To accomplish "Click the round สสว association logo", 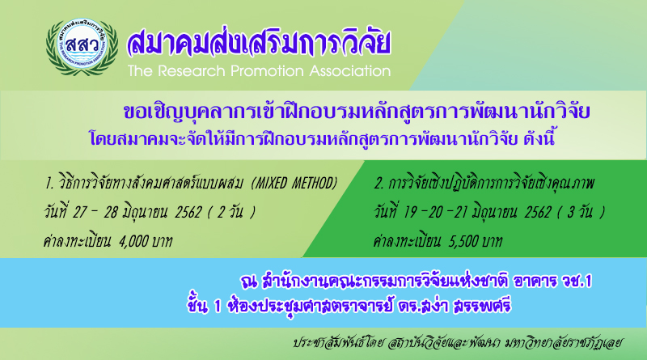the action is click(82, 46).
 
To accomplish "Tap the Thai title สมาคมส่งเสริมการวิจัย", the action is click(259, 42).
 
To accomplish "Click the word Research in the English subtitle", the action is click(192, 71).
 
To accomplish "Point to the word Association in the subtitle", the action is click(350, 71).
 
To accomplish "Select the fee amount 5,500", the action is click(463, 241).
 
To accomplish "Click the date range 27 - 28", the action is click(95, 212).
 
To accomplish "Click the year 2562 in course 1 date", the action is click(188, 212).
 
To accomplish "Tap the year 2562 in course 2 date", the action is click(538, 212).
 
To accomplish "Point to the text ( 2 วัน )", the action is click(231, 212).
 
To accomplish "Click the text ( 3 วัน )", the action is click(581, 212).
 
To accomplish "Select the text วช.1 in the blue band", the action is click(577, 282).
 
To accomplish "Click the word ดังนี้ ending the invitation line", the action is click(539, 138).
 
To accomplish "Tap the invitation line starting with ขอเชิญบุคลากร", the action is click(357, 112).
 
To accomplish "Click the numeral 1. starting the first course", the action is click(49, 183).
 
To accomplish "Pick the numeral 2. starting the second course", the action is click(378, 183).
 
